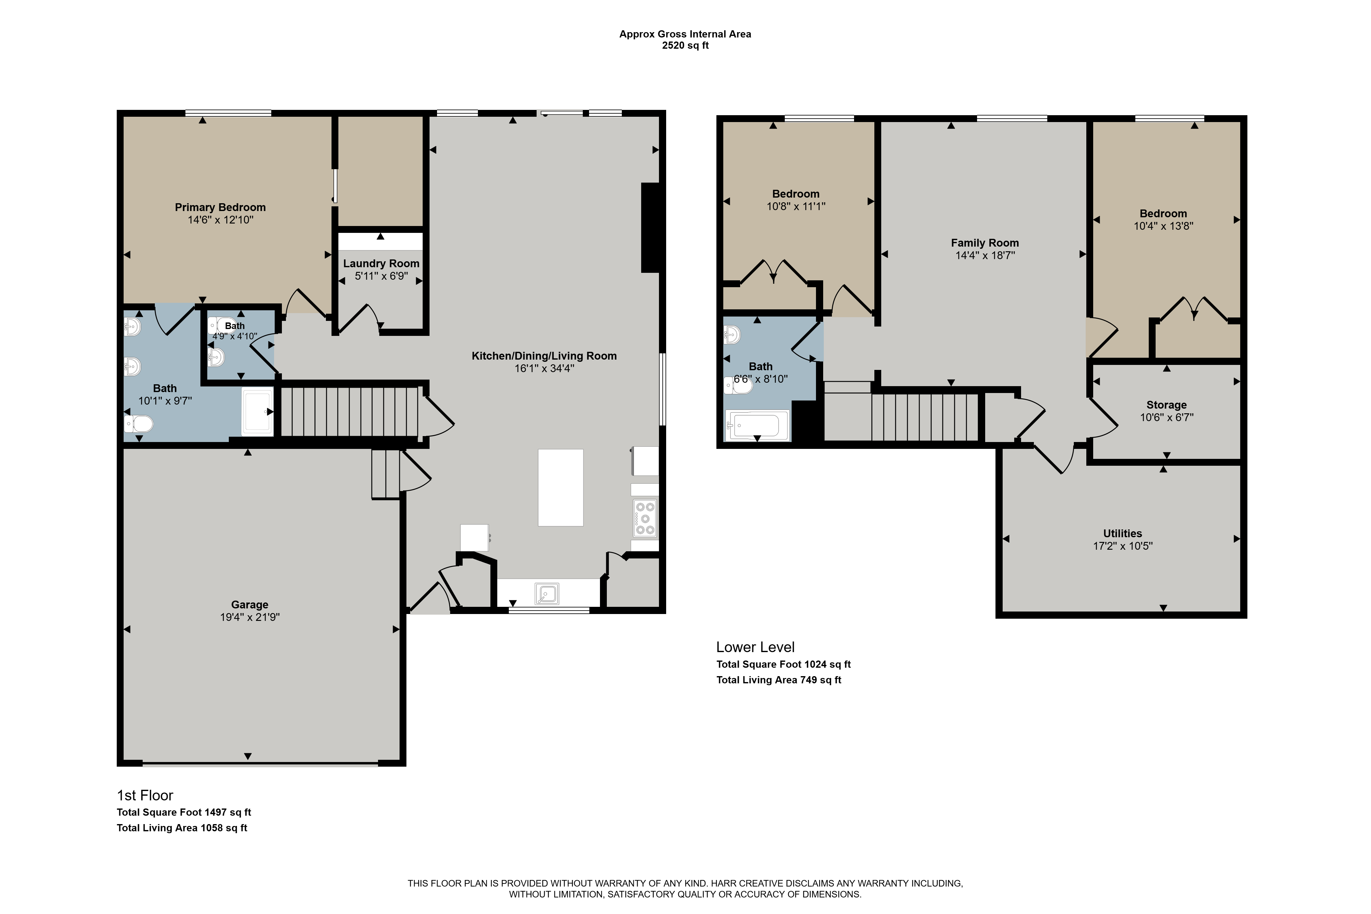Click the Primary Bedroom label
click(x=220, y=208)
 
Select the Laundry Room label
click(x=381, y=263)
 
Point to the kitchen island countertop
click(x=561, y=488)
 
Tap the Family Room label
click(x=985, y=243)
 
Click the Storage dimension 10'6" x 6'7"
click(x=1167, y=417)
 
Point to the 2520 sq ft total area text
click(x=685, y=46)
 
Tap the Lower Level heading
click(x=755, y=647)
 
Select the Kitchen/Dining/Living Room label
click(x=544, y=356)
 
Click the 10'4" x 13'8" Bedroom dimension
click(x=1163, y=226)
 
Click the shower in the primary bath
click(x=258, y=411)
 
